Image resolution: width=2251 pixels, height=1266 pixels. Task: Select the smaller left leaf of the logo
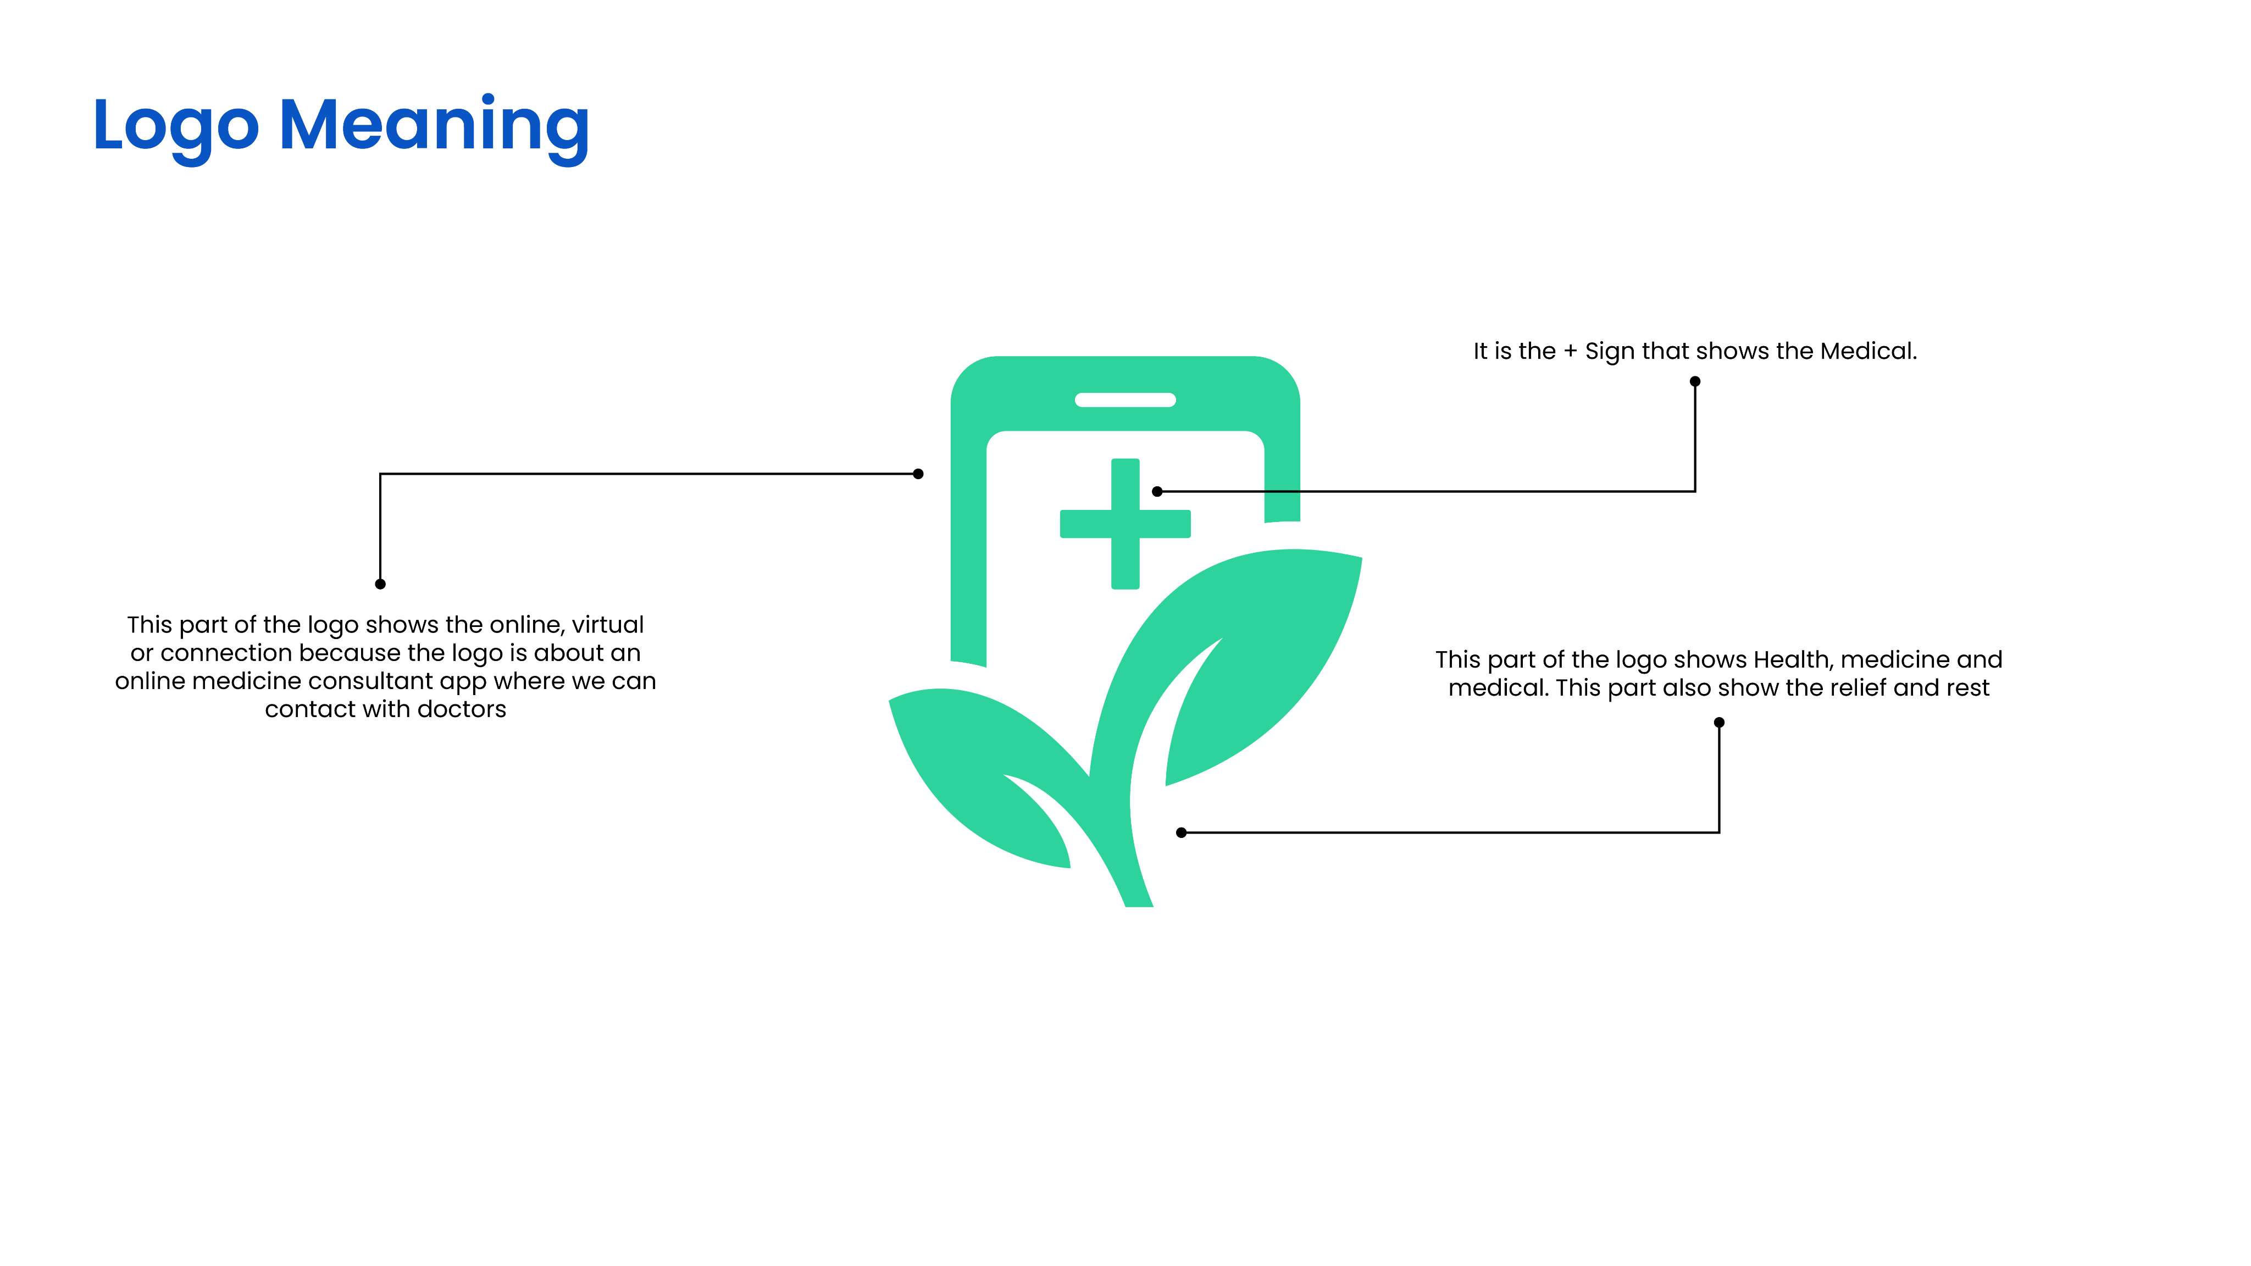[979, 769]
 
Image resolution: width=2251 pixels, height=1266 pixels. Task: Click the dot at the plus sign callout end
[1157, 492]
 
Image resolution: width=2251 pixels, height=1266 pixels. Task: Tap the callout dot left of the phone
[918, 474]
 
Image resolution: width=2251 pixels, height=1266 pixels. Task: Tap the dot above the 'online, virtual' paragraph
[380, 584]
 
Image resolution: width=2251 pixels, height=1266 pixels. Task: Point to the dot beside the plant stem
[1182, 832]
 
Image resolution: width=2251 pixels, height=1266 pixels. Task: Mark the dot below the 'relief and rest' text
[1719, 723]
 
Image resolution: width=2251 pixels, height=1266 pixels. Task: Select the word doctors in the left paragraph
[462, 709]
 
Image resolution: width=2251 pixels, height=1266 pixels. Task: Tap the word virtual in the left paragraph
[608, 625]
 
